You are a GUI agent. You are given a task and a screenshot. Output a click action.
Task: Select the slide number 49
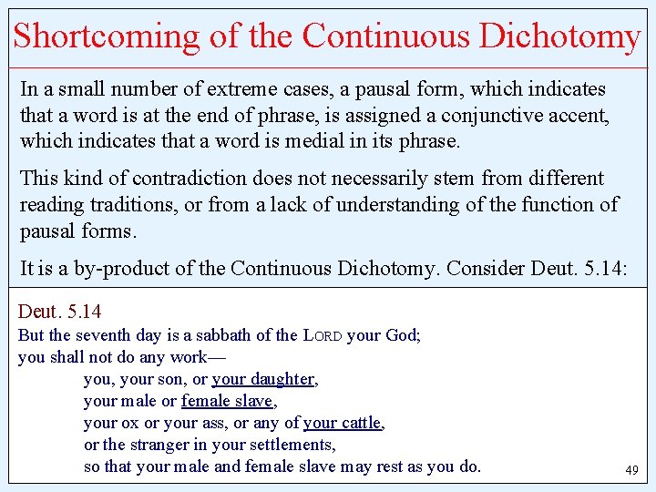(x=631, y=471)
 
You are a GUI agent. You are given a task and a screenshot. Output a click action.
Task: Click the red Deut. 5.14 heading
(x=60, y=313)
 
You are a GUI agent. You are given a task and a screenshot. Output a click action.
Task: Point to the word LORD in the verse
(x=323, y=335)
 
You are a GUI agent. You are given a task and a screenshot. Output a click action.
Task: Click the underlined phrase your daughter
(x=263, y=379)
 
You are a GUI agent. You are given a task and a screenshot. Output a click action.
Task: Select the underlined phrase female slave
(x=227, y=401)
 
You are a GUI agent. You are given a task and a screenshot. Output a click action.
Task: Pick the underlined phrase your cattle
(x=343, y=423)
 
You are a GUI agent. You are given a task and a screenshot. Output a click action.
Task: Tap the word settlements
(x=289, y=445)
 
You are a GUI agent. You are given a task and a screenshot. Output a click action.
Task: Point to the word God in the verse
(x=400, y=335)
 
